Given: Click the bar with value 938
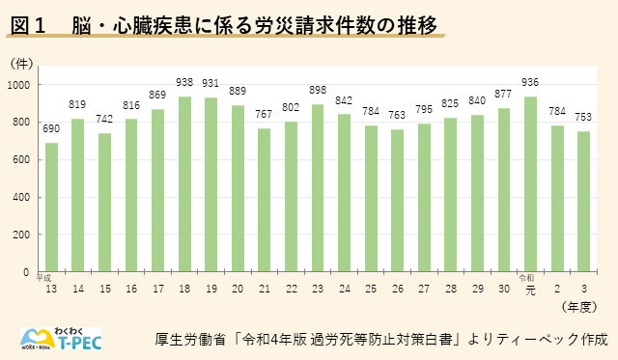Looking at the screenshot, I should [184, 184].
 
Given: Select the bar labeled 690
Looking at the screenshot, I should [51, 208].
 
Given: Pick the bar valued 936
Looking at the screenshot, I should [530, 184].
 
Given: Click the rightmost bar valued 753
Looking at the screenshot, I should [583, 202].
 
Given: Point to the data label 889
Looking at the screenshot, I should [238, 85].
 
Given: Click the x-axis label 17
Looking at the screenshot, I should [158, 289].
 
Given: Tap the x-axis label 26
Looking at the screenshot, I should [398, 289].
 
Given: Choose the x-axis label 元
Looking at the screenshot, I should [530, 289].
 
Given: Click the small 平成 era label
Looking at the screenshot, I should [44, 278].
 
